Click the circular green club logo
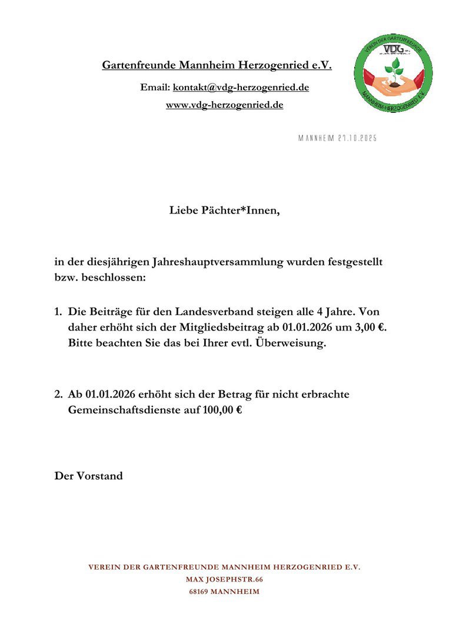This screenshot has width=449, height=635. [395, 73]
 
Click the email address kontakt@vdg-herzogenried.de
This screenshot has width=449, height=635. [241, 87]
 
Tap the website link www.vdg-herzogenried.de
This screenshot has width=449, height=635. [224, 105]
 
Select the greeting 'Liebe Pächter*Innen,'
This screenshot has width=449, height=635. [224, 210]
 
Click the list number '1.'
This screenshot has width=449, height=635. [59, 311]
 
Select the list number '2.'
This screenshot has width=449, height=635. [59, 394]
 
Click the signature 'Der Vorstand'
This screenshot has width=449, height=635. [89, 476]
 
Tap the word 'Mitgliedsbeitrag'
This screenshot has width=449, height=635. [222, 327]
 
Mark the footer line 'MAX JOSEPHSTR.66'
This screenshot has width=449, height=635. [224, 580]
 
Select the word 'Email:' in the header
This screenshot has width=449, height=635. [155, 87]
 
